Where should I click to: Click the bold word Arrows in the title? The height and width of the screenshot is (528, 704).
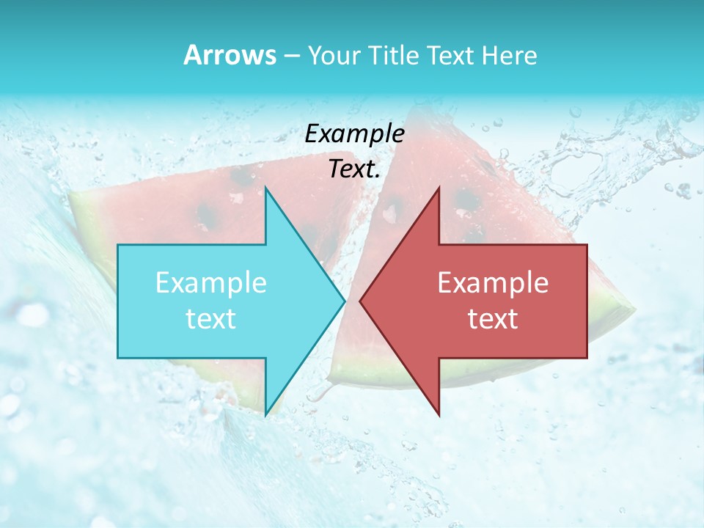(229, 55)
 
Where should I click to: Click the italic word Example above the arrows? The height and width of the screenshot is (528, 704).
(354, 133)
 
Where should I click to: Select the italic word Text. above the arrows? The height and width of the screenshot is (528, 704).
(354, 169)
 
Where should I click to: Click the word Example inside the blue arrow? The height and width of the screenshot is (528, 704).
(211, 283)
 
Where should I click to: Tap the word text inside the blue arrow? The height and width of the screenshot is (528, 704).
(211, 319)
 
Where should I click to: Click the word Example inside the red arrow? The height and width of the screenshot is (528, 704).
(493, 283)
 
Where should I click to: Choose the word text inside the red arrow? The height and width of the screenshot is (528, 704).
(493, 319)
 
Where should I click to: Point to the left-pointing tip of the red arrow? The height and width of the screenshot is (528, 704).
(360, 301)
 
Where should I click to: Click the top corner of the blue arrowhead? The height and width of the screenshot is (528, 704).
(265, 188)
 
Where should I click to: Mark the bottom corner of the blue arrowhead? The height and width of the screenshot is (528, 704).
(265, 415)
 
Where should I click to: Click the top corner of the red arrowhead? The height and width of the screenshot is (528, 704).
(439, 188)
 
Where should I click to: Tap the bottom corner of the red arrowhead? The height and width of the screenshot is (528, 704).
(439, 415)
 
